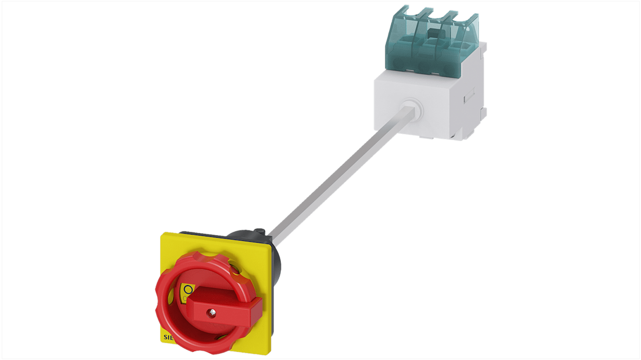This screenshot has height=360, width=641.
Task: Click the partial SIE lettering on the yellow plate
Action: [x=167, y=337]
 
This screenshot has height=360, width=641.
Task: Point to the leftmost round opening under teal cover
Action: [x=398, y=64]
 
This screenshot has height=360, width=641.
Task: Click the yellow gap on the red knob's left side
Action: [x=171, y=298]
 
